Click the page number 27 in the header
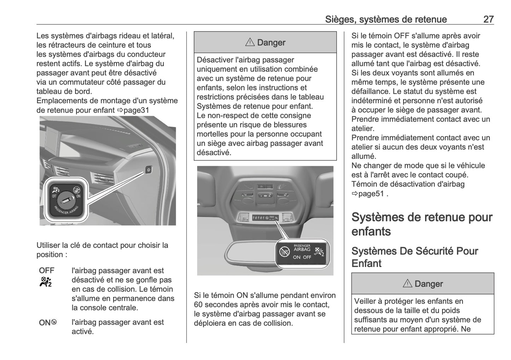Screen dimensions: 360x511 [488, 19]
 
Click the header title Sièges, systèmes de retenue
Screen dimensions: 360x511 [386, 19]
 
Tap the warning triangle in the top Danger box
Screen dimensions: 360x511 [250, 42]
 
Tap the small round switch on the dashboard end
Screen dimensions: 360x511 [149, 170]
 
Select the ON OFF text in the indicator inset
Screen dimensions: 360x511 [302, 257]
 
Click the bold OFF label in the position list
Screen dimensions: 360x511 [47, 271]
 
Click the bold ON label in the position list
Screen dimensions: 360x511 [45, 323]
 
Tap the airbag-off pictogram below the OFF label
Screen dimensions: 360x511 [46, 282]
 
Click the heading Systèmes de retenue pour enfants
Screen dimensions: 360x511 [422, 224]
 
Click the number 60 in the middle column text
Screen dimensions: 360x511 [199, 304]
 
